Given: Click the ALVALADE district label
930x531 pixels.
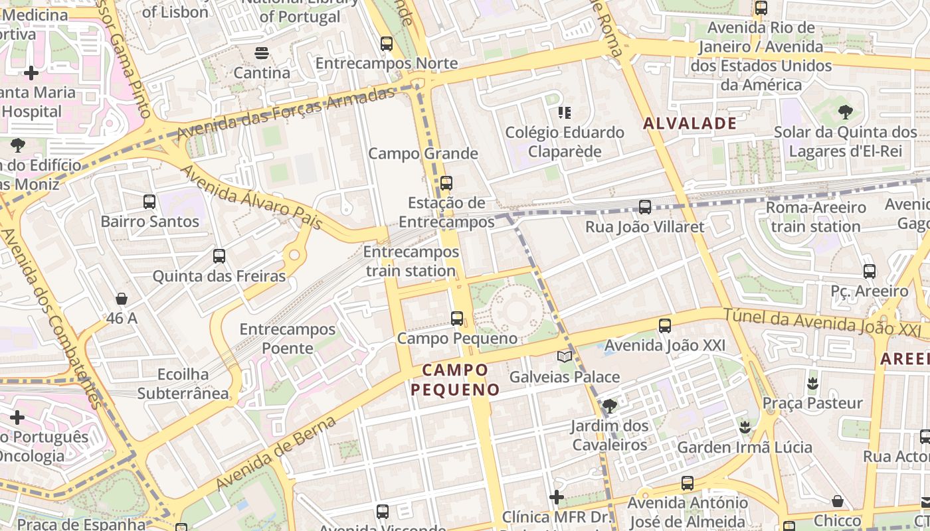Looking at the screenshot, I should point(690,123).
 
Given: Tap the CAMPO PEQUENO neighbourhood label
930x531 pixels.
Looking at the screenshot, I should point(455,380).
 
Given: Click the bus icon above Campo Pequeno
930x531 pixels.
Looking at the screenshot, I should point(457,318).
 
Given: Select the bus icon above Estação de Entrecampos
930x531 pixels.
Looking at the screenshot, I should point(446,183).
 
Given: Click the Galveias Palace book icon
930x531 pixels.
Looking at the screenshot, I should point(565,357).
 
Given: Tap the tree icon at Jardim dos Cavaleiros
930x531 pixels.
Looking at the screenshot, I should point(609,406).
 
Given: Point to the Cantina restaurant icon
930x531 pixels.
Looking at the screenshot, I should point(262,53).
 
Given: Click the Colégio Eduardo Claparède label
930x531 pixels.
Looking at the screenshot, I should point(565,141).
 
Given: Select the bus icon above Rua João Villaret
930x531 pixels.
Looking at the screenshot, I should point(644,206).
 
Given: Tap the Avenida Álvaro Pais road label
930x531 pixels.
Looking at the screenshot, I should point(252,198).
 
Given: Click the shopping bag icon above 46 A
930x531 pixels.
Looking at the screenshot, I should point(122,299).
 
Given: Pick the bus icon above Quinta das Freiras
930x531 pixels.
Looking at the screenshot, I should point(219,256).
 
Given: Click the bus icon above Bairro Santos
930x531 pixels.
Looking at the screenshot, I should point(149,201).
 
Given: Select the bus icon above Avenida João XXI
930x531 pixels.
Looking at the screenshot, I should point(664,325).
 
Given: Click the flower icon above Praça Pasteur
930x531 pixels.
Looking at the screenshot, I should point(812,383).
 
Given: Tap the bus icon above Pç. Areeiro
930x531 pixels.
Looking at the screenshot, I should point(869,271).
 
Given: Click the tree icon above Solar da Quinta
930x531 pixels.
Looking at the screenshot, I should point(845,112).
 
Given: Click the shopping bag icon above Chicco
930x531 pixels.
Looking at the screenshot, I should point(837,500).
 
